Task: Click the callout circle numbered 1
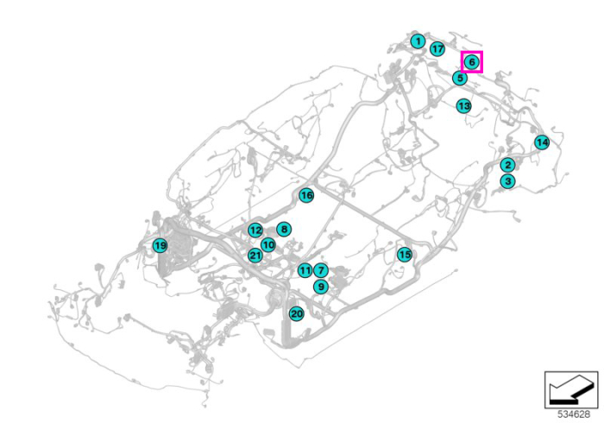[418, 41]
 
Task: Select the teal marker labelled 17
[437, 49]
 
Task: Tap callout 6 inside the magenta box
[472, 61]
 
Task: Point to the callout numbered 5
[460, 79]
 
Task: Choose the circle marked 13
[464, 105]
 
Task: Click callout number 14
[542, 142]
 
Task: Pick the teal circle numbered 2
[507, 165]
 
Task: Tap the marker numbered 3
[507, 180]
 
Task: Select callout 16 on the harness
[306, 195]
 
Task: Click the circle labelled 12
[255, 230]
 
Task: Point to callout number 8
[284, 230]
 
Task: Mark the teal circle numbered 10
[268, 244]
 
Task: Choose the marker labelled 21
[255, 255]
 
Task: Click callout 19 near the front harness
[160, 245]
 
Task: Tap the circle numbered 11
[305, 270]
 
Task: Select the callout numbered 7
[321, 270]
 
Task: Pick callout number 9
[320, 287]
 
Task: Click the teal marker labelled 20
[297, 314]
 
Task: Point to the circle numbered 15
[405, 255]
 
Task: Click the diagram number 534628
[574, 414]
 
